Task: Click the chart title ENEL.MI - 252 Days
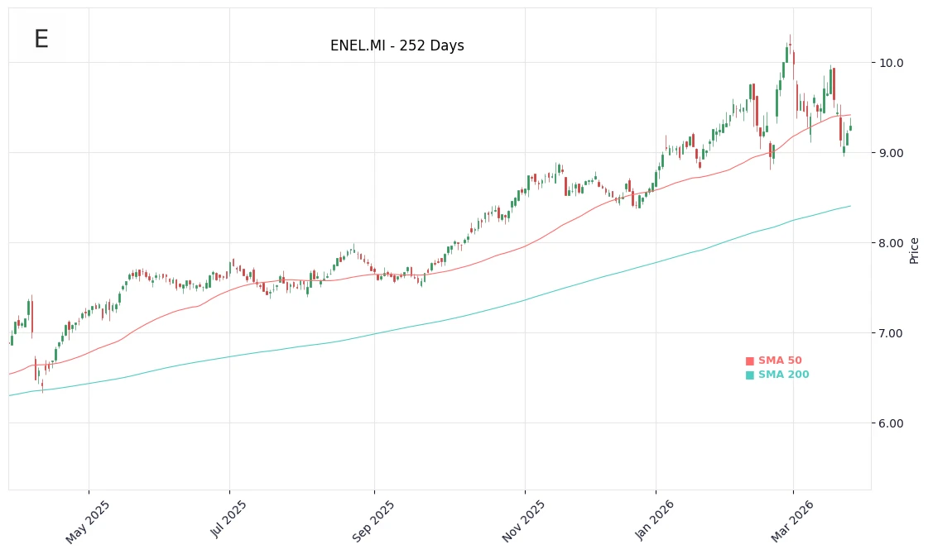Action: click(397, 46)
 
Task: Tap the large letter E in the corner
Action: click(41, 40)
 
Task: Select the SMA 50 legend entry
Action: click(780, 361)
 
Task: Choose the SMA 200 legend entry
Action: click(783, 375)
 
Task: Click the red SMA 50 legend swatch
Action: click(750, 361)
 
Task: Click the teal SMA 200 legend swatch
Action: click(750, 375)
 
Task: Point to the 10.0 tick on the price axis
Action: click(892, 63)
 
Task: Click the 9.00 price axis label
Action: click(892, 153)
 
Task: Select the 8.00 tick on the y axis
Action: click(892, 243)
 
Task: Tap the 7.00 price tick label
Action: click(892, 333)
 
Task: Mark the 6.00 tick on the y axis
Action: click(892, 423)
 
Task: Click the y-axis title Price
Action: click(914, 250)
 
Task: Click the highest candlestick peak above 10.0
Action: click(790, 36)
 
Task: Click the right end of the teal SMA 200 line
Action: click(850, 206)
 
